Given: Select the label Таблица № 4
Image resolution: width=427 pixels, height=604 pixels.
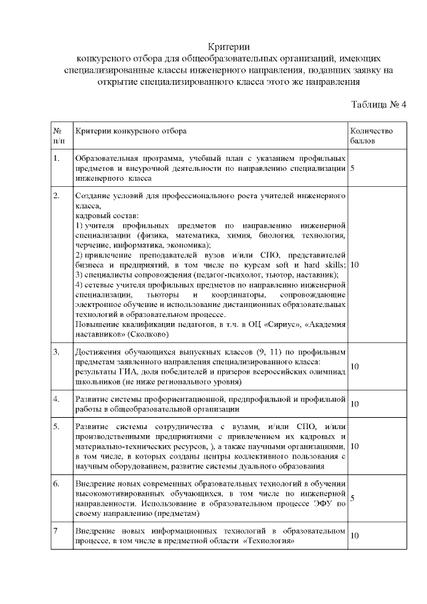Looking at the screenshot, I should [x=378, y=105].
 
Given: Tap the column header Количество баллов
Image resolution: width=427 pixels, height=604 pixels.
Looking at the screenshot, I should [x=367, y=136].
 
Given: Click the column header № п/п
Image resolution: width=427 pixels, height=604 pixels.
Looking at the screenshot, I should [x=58, y=136].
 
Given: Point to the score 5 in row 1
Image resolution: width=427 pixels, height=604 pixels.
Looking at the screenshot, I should [x=352, y=169].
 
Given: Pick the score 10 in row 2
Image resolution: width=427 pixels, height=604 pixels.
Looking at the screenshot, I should [x=354, y=265].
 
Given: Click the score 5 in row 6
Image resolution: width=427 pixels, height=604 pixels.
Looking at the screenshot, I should [x=352, y=497].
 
